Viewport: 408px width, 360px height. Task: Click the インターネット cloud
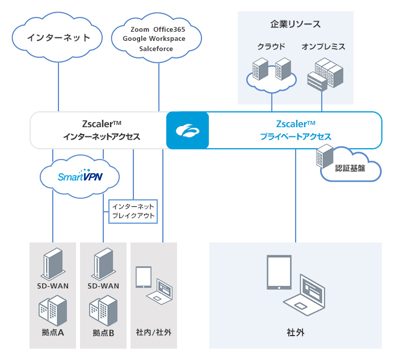coord(58,38)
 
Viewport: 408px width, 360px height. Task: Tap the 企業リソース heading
coord(295,24)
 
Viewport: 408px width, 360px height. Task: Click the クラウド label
coord(271,46)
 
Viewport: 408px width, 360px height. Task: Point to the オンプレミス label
coord(323,46)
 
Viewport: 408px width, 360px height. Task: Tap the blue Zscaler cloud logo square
coord(187,130)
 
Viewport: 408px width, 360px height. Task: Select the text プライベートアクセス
coord(295,137)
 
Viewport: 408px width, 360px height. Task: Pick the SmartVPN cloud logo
coord(81,175)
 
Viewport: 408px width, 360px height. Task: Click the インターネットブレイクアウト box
coord(133,211)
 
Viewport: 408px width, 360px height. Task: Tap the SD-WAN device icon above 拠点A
coord(52,262)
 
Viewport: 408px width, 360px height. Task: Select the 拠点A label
coord(52,332)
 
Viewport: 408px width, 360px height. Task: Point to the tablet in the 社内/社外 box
coord(144,277)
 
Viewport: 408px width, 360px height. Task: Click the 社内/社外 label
coord(154,332)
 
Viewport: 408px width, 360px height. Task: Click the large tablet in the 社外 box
coord(279,272)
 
